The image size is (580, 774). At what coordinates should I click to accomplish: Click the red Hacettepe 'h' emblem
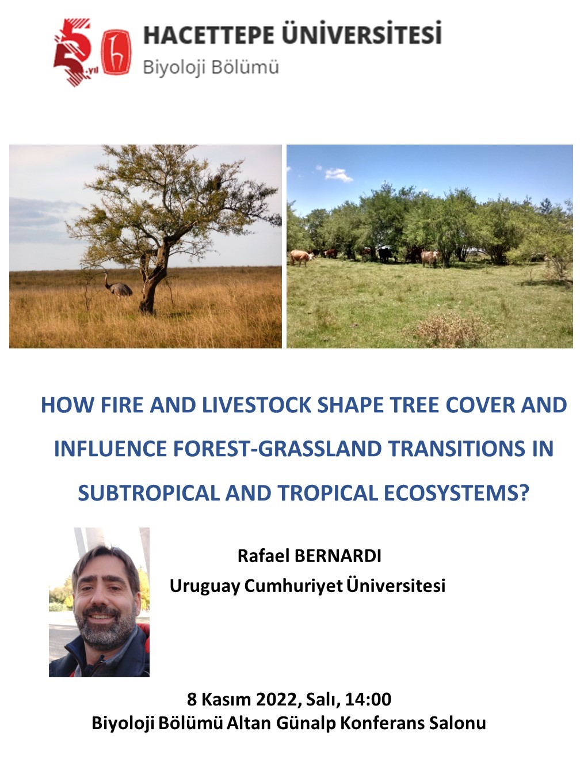tap(116, 52)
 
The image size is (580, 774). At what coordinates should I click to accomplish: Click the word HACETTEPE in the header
tap(208, 35)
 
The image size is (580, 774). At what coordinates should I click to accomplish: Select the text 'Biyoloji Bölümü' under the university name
tap(211, 67)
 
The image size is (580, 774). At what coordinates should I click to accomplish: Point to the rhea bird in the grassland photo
tap(117, 285)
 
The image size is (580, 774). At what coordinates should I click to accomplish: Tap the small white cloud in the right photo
tap(338, 174)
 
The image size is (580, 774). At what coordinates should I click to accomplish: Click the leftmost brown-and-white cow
tap(301, 257)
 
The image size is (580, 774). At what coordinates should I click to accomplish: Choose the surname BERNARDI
tap(337, 556)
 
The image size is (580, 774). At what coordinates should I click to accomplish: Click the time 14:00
tap(368, 700)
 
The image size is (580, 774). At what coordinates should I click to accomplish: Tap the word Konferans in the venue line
tap(382, 723)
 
